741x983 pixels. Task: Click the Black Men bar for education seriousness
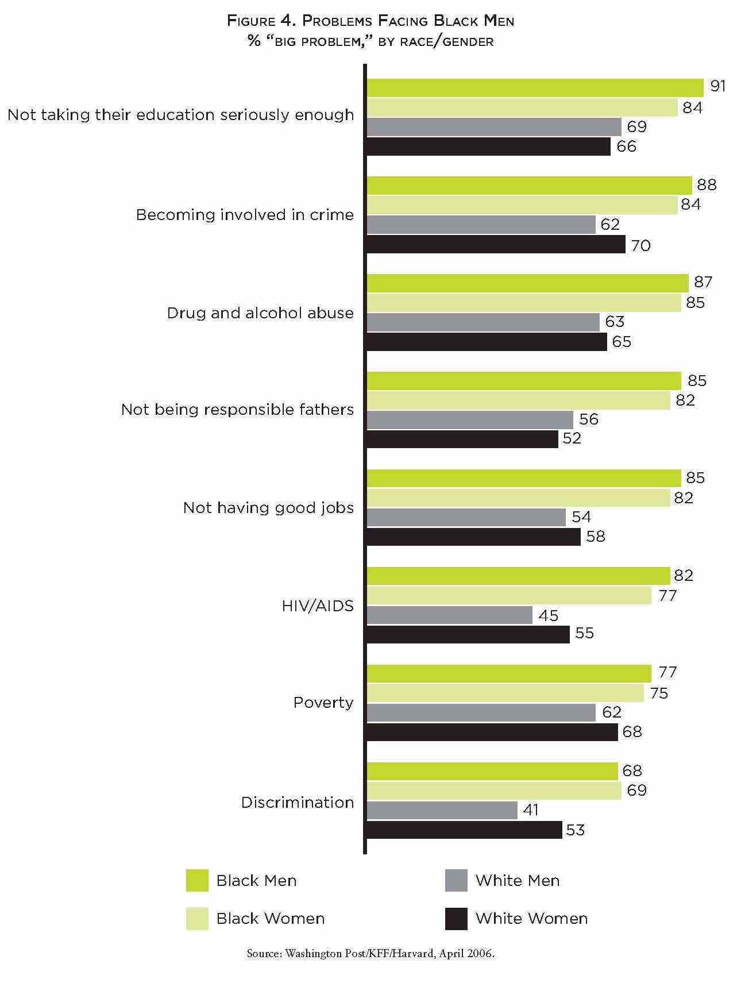click(x=535, y=88)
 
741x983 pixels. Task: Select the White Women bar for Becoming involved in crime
click(x=496, y=245)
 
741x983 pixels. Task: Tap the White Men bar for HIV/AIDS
click(x=450, y=615)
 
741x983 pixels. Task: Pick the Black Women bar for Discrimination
click(x=494, y=791)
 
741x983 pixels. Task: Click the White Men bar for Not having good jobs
click(x=466, y=518)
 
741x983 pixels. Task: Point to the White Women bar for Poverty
click(x=492, y=732)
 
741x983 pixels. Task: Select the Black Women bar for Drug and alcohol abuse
click(x=524, y=303)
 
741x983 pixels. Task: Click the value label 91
click(x=718, y=86)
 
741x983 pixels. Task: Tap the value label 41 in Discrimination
click(x=531, y=810)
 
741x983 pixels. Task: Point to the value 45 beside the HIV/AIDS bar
click(x=549, y=616)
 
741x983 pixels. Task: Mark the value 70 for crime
click(x=641, y=246)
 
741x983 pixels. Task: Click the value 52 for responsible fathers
click(x=572, y=438)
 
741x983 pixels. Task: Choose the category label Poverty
click(x=323, y=703)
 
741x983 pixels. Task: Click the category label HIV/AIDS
click(x=318, y=606)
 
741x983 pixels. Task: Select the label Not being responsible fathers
click(x=238, y=410)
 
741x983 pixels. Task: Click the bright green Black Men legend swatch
click(x=197, y=881)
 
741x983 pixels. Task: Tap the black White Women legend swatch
click(x=456, y=919)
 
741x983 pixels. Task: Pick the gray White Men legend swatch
click(x=456, y=881)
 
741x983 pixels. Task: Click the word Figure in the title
click(x=252, y=21)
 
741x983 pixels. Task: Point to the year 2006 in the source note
click(x=480, y=954)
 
